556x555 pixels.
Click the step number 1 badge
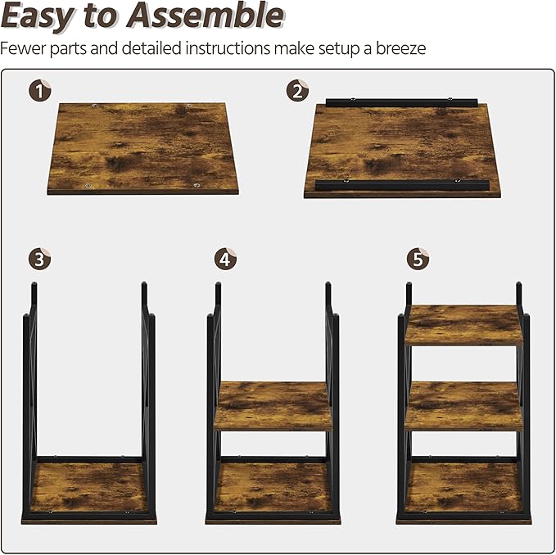coord(38,90)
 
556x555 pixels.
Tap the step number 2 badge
coord(298,90)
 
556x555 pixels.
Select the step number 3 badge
coord(38,259)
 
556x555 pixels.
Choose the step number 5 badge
coord(418,259)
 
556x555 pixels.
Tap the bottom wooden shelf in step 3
coord(89,490)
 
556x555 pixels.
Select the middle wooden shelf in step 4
coord(273,405)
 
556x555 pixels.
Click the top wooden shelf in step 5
coord(463,325)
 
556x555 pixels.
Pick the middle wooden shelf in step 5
coord(463,405)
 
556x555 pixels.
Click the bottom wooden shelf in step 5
coord(463,490)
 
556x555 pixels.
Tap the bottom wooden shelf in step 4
coord(273,490)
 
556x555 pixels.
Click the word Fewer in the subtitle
coord(23,48)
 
